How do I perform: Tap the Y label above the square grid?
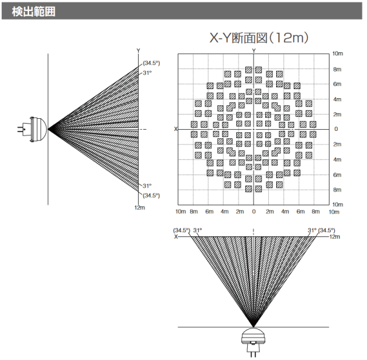coord(254,50)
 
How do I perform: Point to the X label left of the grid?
coord(176,129)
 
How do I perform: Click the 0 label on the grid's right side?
coord(336,129)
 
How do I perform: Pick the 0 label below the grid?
coord(254,212)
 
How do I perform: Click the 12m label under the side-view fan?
coord(139,207)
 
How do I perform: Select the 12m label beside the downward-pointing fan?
coord(334,236)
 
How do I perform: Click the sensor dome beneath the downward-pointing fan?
coord(253,338)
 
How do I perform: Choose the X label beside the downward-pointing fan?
coord(176,236)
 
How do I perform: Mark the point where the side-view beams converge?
coord(49,129)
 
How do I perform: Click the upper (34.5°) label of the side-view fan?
coord(151,63)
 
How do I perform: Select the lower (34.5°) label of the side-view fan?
coord(151,195)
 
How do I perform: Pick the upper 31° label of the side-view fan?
coord(147,73)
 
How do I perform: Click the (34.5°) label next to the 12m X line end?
coord(327,230)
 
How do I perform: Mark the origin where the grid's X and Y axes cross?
coord(254,129)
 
